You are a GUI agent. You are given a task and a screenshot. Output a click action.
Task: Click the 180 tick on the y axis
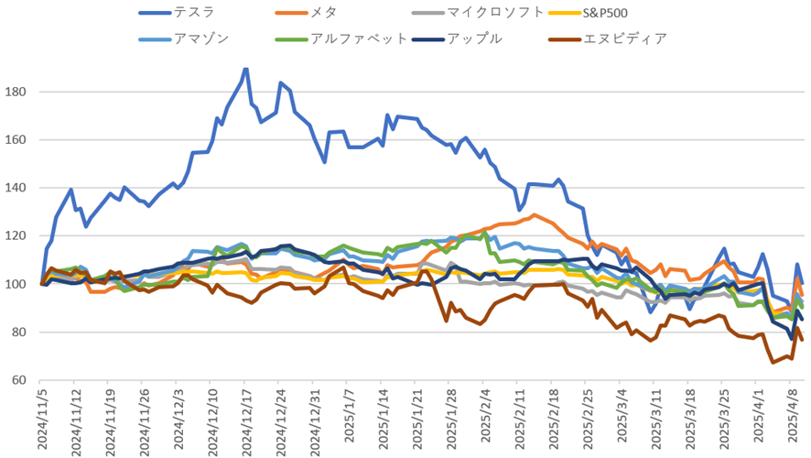click(20, 93)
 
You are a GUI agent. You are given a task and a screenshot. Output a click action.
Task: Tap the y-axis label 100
click(20, 284)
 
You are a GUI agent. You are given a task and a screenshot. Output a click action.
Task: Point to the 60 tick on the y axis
click(24, 380)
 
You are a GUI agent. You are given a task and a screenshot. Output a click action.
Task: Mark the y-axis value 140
click(20, 188)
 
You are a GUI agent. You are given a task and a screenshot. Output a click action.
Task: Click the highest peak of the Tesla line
click(245, 69)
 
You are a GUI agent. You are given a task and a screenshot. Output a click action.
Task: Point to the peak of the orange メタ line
click(535, 215)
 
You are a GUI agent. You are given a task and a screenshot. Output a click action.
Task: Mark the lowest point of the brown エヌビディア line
click(773, 363)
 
